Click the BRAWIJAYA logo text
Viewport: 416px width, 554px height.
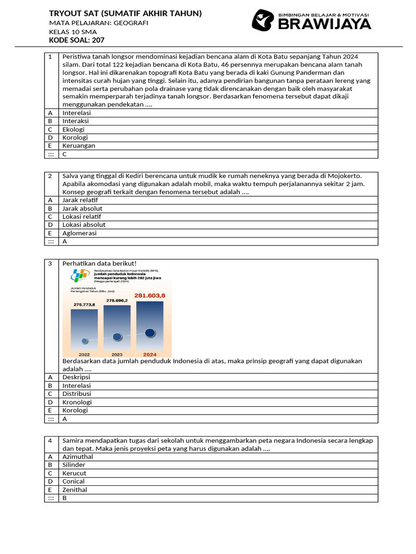pos(324,23)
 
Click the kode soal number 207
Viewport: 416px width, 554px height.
pos(98,40)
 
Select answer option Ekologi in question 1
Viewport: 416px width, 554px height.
pos(74,129)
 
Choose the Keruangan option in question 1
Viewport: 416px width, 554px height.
pos(79,146)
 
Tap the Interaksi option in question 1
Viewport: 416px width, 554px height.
pos(76,121)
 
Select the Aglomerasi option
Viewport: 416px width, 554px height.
pos(79,233)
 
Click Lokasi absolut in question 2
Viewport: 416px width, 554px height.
pos(83,225)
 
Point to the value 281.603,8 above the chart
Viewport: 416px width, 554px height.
pos(149,295)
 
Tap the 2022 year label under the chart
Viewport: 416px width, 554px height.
pos(84,354)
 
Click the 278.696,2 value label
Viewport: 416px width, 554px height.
pos(117,300)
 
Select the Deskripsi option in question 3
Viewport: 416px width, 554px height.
pos(76,377)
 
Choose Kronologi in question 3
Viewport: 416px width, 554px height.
pos(77,402)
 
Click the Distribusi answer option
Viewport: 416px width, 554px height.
pos(76,394)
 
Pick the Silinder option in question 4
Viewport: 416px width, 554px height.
pos(74,465)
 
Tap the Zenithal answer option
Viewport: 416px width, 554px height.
pos(75,490)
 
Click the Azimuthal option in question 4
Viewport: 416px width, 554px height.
pos(77,457)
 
